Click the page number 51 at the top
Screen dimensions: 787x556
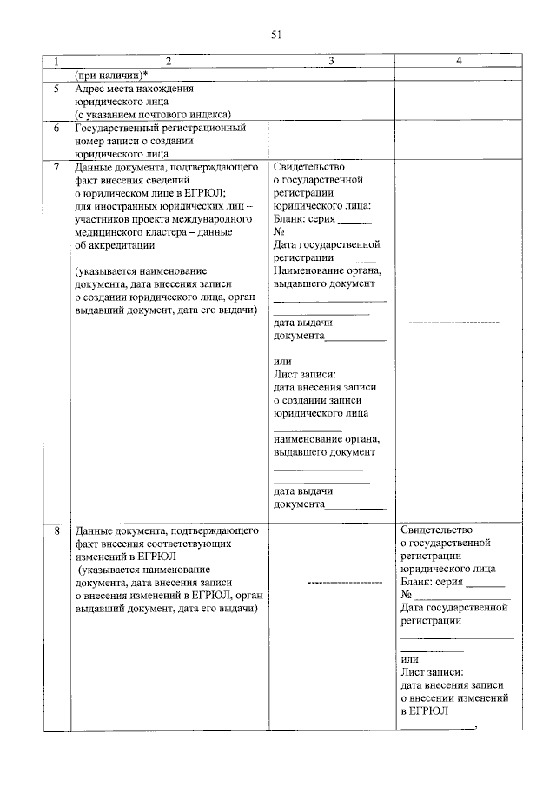pos(277,35)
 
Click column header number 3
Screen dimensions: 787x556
pos(331,62)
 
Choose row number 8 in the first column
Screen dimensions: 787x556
pos(56,530)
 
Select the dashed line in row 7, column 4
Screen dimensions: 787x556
pos(453,323)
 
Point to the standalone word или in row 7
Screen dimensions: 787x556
pos(282,362)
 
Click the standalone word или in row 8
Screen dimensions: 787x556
pos(410,658)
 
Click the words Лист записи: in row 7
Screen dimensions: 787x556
pos(304,375)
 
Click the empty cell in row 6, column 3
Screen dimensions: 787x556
pos(331,139)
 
